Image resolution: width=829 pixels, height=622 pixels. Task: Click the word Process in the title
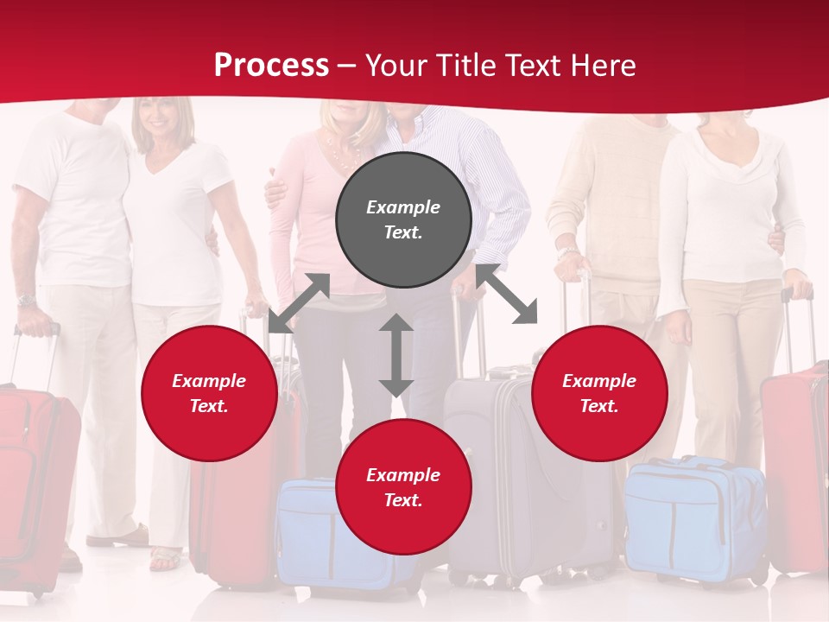271,66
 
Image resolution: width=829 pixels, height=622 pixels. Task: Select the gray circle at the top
403,220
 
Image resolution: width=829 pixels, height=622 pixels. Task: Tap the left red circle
209,394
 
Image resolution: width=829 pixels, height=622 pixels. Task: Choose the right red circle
599,394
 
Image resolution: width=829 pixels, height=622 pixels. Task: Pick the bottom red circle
403,487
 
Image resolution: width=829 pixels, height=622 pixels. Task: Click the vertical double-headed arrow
396,355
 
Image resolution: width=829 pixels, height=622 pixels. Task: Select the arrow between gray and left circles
299,302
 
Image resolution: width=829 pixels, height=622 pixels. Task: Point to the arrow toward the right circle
507,295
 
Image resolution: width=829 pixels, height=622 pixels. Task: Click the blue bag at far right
691,518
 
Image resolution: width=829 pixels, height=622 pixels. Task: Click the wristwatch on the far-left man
26,301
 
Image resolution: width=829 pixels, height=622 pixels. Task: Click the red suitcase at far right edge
796,466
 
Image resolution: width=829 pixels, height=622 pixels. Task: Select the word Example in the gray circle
403,207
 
